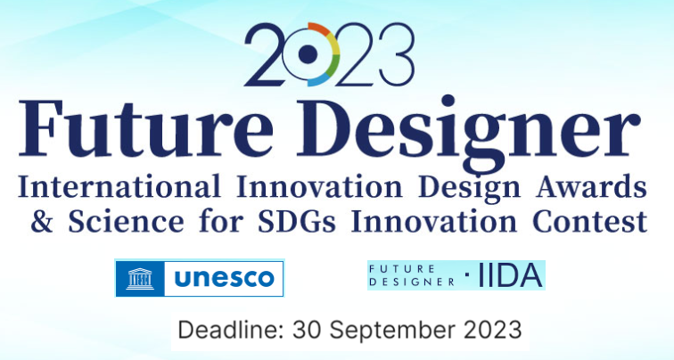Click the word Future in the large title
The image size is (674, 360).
pyautogui.click(x=145, y=128)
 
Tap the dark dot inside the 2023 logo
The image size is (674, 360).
pyautogui.click(x=308, y=53)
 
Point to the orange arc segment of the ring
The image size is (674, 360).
pyautogui.click(x=318, y=28)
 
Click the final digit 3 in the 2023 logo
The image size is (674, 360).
pyautogui.click(x=397, y=54)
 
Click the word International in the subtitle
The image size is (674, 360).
pyautogui.click(x=119, y=187)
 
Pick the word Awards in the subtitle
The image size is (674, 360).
pyautogui.click(x=591, y=187)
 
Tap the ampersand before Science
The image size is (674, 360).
pyautogui.click(x=42, y=221)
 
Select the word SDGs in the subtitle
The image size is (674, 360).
pyautogui.click(x=298, y=221)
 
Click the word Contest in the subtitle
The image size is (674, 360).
pyautogui.click(x=590, y=221)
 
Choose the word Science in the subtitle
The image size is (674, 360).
pyautogui.click(x=126, y=221)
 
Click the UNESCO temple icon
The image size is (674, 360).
pyautogui.click(x=140, y=278)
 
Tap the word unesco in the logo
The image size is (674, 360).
pyautogui.click(x=224, y=278)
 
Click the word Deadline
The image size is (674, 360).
pyautogui.click(x=231, y=330)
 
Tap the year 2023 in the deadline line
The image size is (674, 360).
pyautogui.click(x=493, y=330)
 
